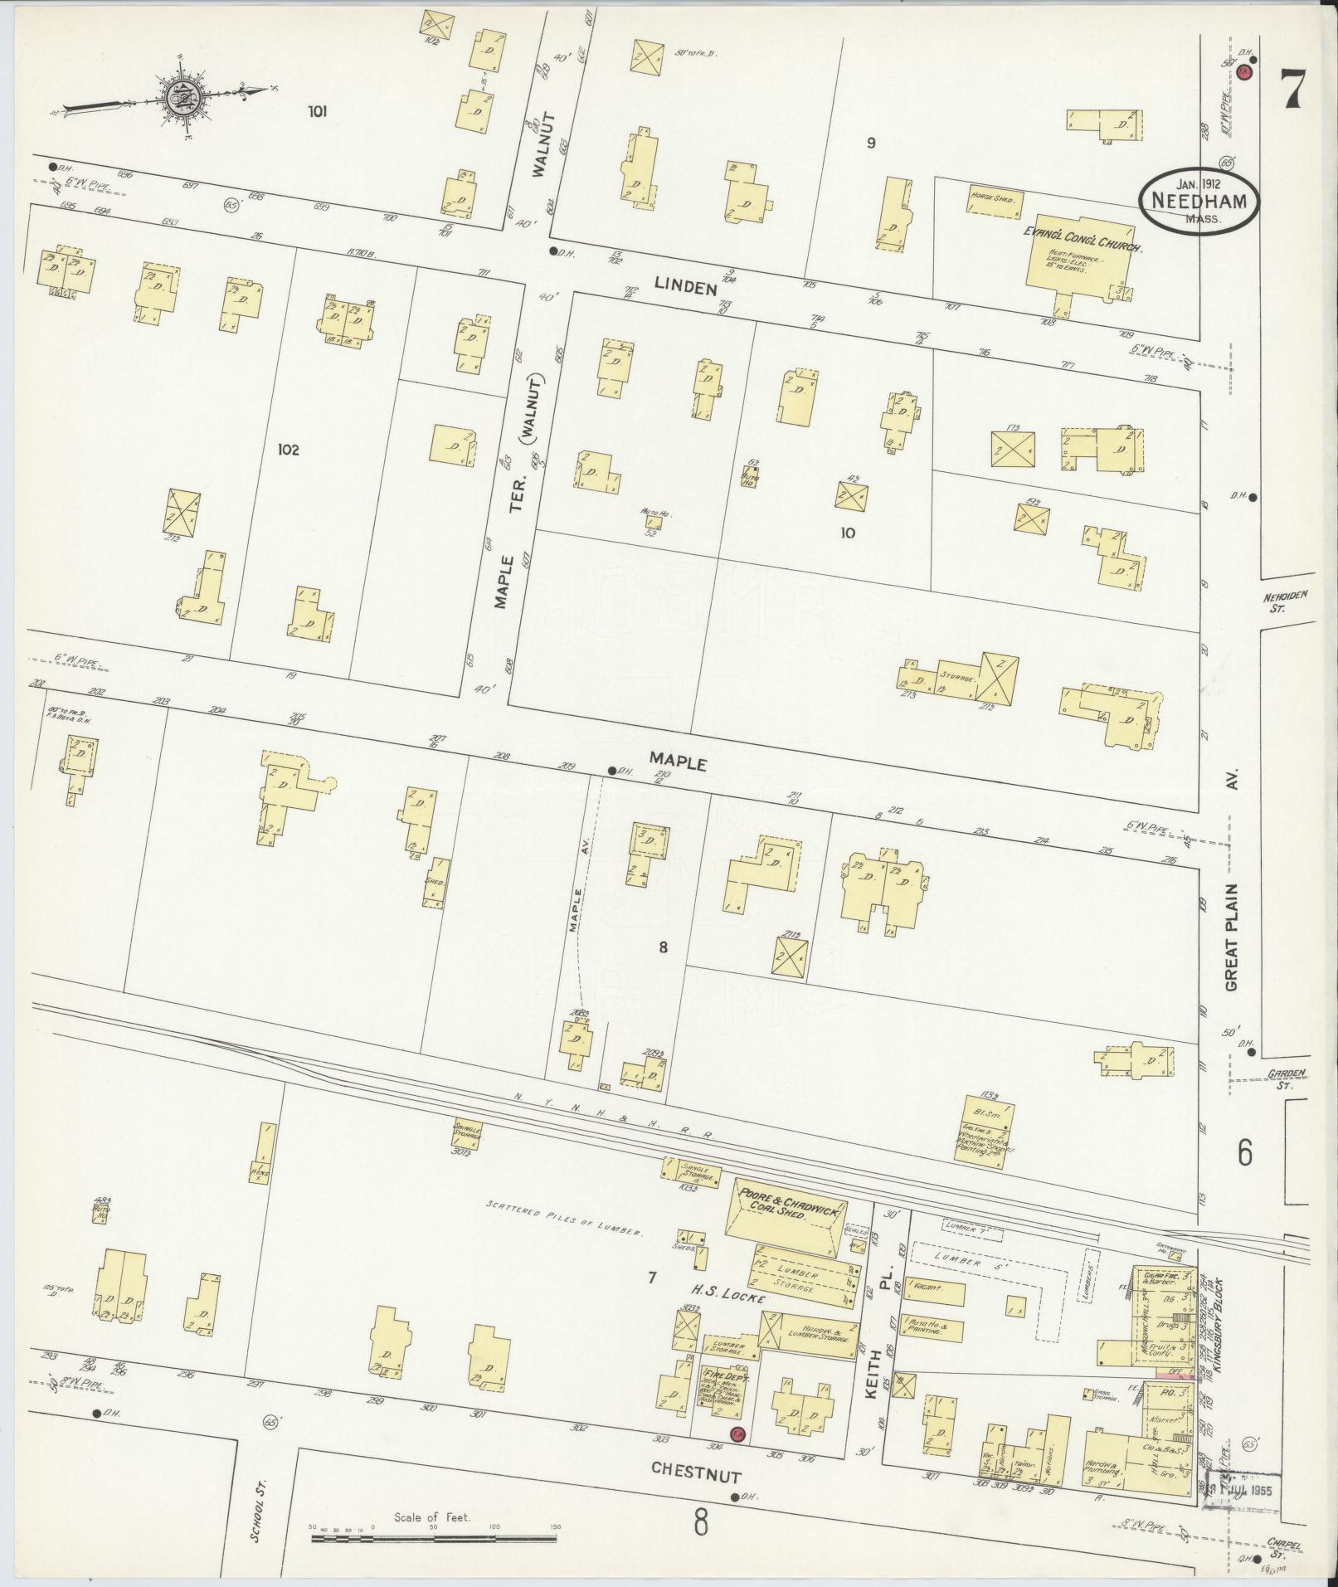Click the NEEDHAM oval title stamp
tap(1198, 203)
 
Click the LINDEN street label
tap(684, 288)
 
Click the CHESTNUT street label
tap(695, 1468)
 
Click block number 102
tap(288, 450)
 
